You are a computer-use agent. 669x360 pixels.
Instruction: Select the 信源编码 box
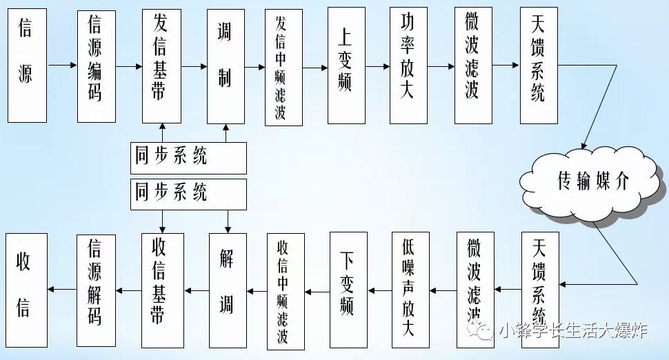[x=96, y=66]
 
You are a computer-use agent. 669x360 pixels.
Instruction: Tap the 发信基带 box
[x=161, y=66]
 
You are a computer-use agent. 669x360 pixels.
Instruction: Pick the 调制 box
[x=226, y=66]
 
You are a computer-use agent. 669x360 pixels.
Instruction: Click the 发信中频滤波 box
[x=283, y=67]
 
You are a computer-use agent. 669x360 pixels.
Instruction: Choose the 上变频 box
[x=346, y=66]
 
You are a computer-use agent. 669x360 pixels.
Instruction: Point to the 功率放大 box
[x=408, y=66]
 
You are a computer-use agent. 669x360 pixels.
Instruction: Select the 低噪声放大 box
[x=412, y=289]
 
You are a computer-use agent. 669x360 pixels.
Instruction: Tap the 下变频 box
[x=348, y=289]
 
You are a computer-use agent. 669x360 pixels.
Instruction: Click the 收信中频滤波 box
[x=286, y=291]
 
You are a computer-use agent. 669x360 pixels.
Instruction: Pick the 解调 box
[x=228, y=289]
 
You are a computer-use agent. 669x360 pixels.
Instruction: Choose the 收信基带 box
[x=163, y=289]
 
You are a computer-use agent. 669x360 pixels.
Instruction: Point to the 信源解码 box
[x=96, y=289]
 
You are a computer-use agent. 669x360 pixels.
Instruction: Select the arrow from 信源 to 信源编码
[x=62, y=66]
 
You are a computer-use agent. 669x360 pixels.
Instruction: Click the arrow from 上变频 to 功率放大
[x=377, y=66]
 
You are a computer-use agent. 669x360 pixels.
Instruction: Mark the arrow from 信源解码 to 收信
[x=61, y=290]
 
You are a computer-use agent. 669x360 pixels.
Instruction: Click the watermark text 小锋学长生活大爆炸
[x=573, y=332]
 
